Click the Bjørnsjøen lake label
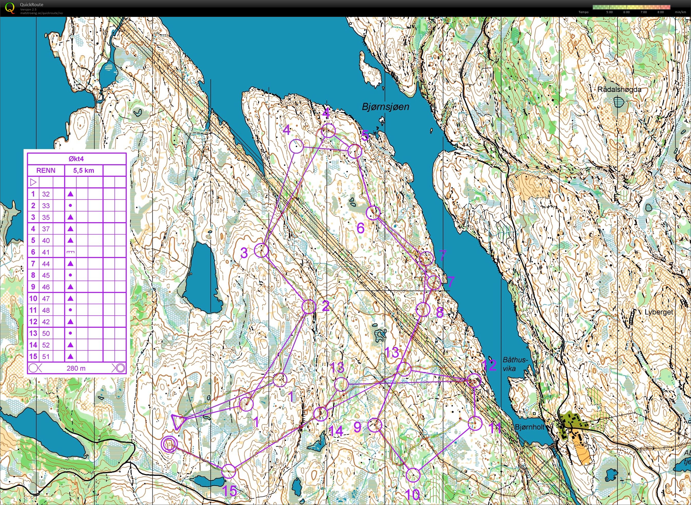[385, 107]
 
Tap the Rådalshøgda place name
[619, 90]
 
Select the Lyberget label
[659, 312]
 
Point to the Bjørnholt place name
[530, 427]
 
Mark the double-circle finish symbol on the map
[169, 444]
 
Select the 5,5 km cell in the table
[83, 171]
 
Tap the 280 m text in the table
[76, 368]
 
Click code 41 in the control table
[46, 252]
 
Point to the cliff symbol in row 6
[70, 252]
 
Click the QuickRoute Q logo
[10, 8]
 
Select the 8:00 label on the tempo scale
[660, 12]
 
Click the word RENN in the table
[46, 171]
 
